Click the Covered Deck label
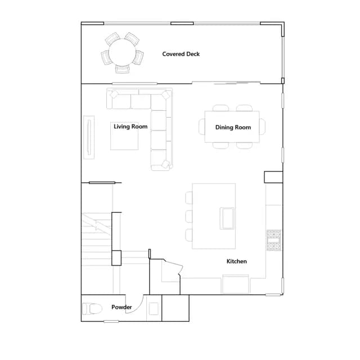[181, 54]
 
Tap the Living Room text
[130, 127]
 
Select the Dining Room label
[233, 128]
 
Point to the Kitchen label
[236, 261]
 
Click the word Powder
[121, 307]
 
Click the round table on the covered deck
[122, 53]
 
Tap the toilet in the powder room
[92, 309]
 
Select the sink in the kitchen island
[227, 218]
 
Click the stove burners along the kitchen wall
[274, 240]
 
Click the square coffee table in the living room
[124, 136]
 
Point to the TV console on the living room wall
[89, 137]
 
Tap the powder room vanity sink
[154, 309]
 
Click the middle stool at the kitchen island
[189, 216]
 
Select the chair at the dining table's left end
[202, 127]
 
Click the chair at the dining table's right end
[262, 127]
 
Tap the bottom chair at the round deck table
[123, 69]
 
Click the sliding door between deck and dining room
[226, 83]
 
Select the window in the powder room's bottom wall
[111, 321]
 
